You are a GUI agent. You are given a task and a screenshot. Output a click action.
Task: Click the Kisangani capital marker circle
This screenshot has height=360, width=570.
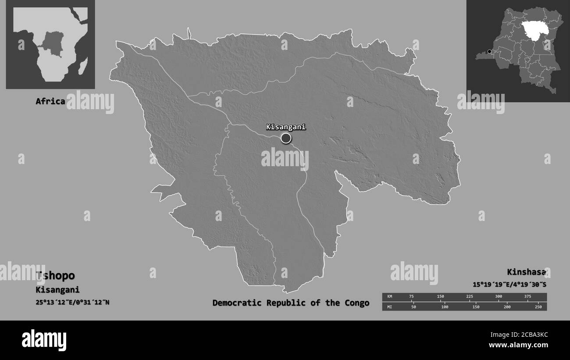pyautogui.click(x=286, y=139)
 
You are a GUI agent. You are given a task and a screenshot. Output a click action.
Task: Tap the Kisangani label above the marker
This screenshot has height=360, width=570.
pyautogui.click(x=285, y=127)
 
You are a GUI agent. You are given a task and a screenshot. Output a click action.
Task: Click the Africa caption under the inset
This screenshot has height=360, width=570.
pyautogui.click(x=50, y=101)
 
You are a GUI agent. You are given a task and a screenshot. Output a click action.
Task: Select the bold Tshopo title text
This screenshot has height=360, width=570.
pyautogui.click(x=56, y=276)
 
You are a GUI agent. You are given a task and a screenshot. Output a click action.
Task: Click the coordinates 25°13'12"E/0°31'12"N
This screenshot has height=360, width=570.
pyautogui.click(x=72, y=302)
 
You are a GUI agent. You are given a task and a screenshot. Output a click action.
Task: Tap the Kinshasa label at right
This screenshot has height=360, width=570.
pyautogui.click(x=527, y=272)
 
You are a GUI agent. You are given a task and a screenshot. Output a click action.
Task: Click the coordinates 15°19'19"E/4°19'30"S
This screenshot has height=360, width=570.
pyautogui.click(x=509, y=285)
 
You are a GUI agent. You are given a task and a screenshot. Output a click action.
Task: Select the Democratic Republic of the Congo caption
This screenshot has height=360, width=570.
pyautogui.click(x=291, y=303)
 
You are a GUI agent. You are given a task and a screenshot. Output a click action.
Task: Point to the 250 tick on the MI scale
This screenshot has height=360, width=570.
pyautogui.click(x=538, y=307)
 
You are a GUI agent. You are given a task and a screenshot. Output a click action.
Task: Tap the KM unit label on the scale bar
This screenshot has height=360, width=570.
pyautogui.click(x=390, y=297)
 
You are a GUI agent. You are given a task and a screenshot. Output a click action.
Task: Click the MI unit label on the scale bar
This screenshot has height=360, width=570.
pyautogui.click(x=390, y=307)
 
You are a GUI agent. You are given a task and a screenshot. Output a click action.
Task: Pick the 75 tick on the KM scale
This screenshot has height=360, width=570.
pyautogui.click(x=411, y=297)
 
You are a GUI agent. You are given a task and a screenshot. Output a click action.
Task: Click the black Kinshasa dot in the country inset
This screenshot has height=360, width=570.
pyautogui.click(x=489, y=52)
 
